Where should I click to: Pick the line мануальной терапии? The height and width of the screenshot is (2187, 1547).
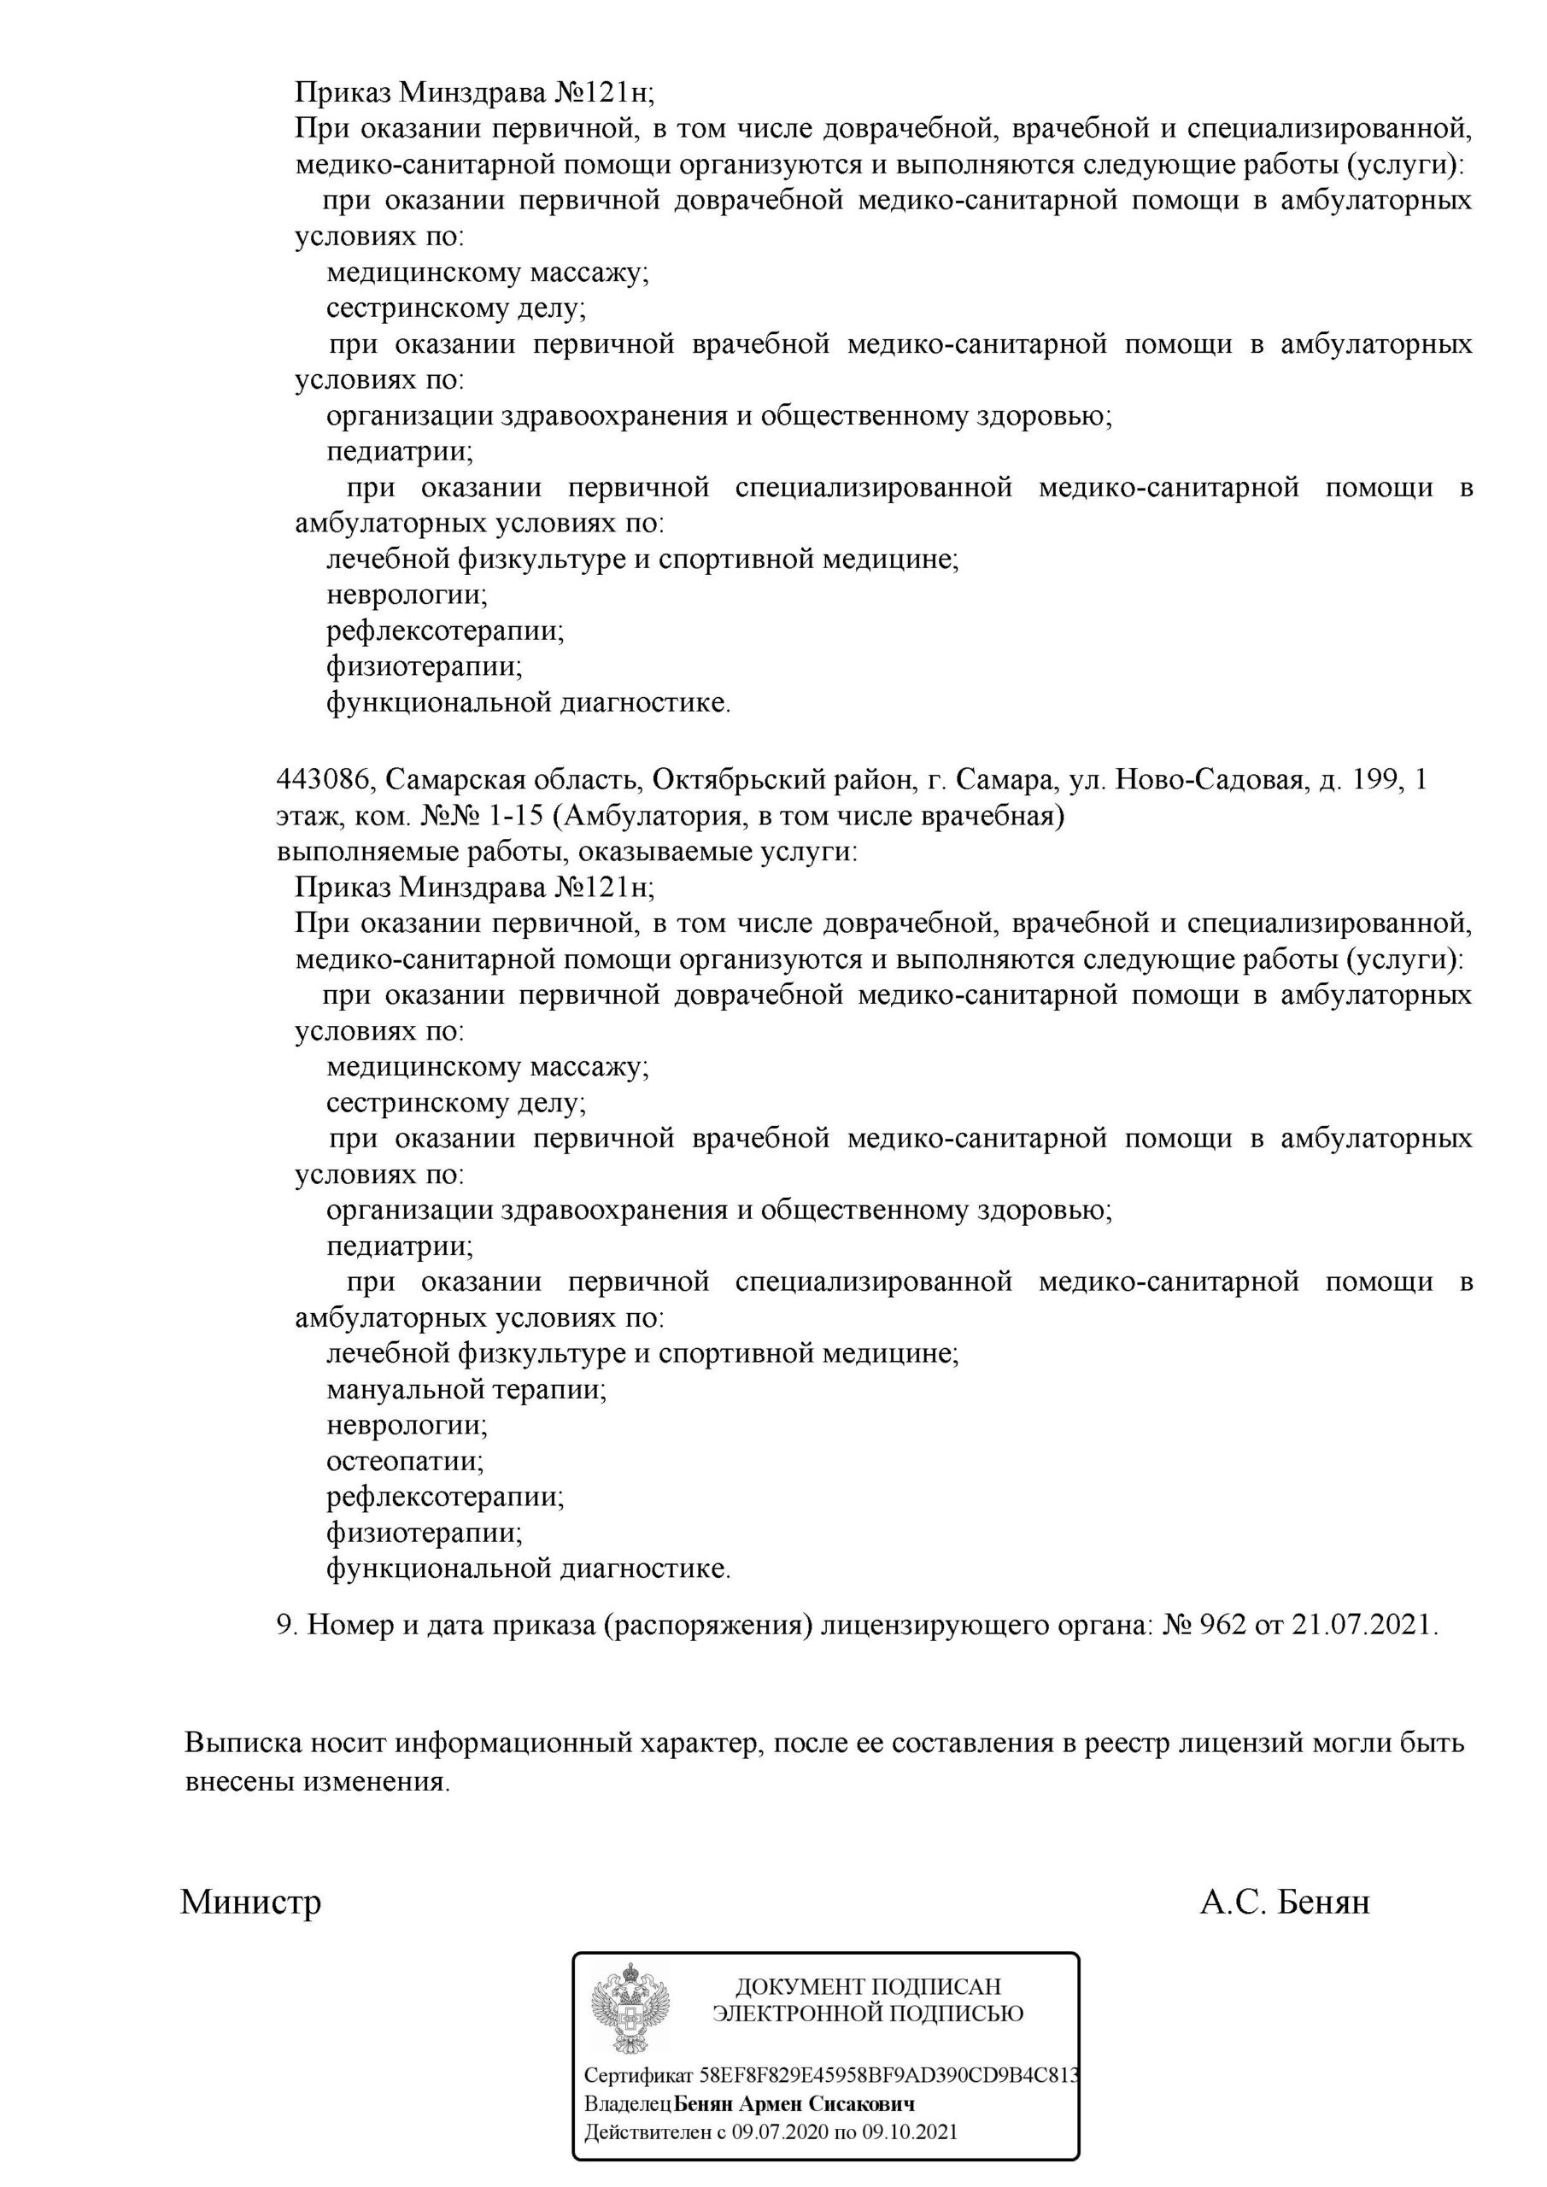pos(466,1389)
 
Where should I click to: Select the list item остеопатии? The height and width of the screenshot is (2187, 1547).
pos(405,1461)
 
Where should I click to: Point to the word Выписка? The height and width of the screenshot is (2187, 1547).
pos(243,1743)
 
